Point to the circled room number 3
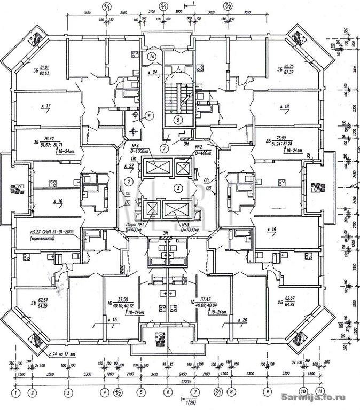click(x=178, y=187)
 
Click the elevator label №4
click(x=129, y=146)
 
